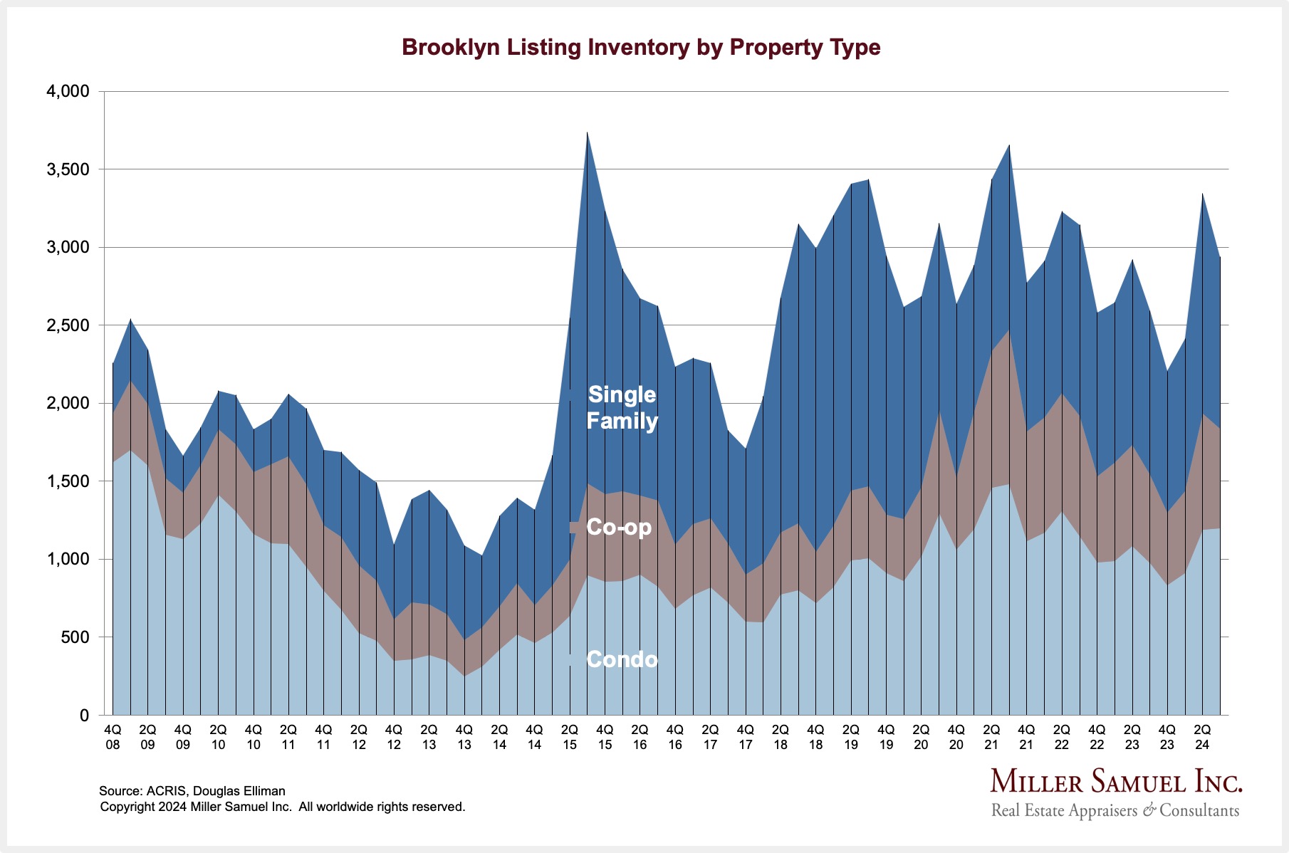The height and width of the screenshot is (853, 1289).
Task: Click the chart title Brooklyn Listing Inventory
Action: [x=641, y=47]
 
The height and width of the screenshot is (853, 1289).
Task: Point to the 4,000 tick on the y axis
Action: [x=68, y=92]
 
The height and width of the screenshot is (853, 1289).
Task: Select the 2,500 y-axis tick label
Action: [x=68, y=325]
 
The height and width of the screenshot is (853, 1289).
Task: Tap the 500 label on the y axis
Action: [x=75, y=637]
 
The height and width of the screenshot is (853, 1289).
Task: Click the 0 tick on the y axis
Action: [x=84, y=716]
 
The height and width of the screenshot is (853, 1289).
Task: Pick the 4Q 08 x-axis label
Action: [x=113, y=738]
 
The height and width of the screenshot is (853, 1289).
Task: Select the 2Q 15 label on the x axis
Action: [x=570, y=738]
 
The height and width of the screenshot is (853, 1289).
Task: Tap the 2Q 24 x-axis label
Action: [x=1202, y=738]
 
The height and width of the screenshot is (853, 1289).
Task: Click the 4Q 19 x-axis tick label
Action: [x=886, y=738]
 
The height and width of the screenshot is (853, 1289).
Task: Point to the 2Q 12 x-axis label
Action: [x=359, y=738]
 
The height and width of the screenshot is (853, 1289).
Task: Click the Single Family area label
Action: [x=622, y=407]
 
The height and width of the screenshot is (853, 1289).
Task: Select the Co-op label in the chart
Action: [x=618, y=528]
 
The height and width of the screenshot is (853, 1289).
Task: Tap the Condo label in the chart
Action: [x=622, y=660]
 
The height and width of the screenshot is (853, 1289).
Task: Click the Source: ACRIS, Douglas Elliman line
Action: [x=192, y=791]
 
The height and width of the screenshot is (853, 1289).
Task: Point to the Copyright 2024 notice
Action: [x=282, y=807]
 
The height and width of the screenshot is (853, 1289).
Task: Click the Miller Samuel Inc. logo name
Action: [x=1116, y=782]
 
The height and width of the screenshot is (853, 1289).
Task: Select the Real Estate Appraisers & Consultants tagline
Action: [x=1115, y=810]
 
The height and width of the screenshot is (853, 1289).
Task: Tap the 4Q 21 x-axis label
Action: [x=1026, y=738]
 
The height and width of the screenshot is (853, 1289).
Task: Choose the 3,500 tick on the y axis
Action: [x=68, y=169]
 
